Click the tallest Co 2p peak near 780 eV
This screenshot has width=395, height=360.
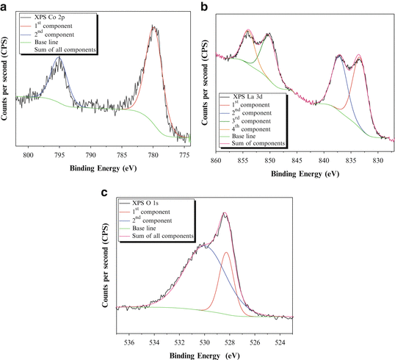(154, 26)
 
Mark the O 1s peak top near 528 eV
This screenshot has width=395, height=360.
(225, 214)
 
